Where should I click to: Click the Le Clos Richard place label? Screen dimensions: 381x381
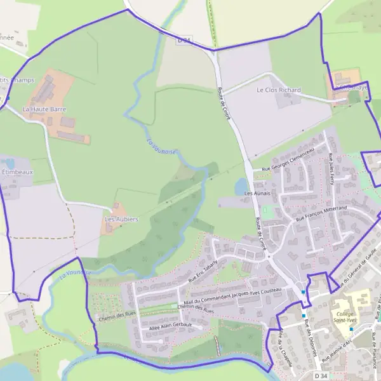[279, 91]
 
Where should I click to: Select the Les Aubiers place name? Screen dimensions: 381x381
[121, 219]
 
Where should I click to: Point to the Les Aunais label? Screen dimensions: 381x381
[257, 192]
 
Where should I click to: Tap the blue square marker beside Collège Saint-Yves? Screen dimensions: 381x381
[351, 330]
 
